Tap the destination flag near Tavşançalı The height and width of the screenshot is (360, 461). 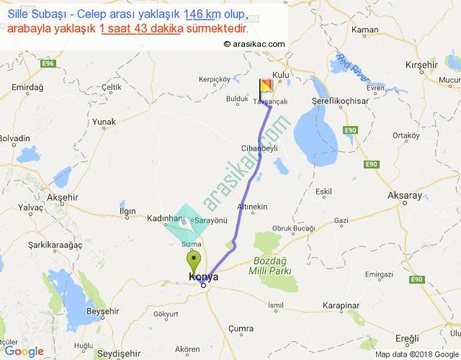coord(266,88)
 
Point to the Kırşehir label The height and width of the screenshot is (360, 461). coord(422,64)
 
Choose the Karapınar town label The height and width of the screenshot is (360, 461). coord(340,305)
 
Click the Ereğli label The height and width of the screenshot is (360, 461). coord(407,338)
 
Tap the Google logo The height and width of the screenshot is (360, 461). coord(24,351)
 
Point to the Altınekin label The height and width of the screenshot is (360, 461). coord(252,207)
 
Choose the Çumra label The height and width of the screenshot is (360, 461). coord(240,328)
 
